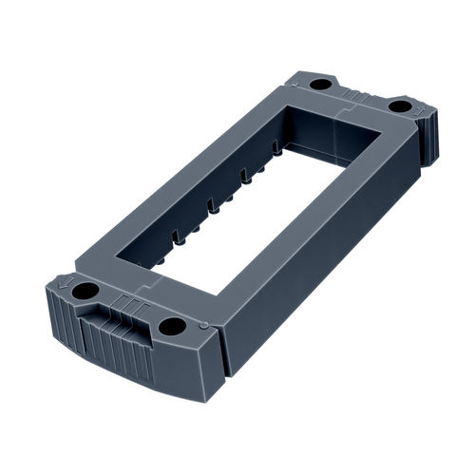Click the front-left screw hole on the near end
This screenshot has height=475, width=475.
tap(86, 290)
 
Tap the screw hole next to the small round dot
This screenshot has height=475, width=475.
tap(172, 326)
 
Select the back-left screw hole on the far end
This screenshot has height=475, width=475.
tap(321, 84)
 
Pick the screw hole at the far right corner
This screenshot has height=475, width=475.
tap(400, 105)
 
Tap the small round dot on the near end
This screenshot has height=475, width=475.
tap(204, 325)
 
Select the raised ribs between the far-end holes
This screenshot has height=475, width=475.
tap(359, 95)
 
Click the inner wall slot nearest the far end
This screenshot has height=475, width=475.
tap(276, 149)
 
